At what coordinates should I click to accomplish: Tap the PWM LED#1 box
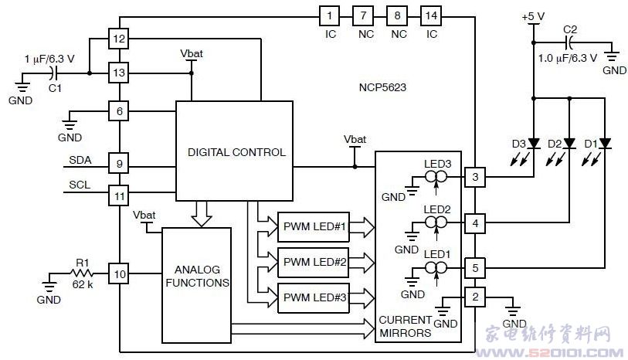tap(314, 227)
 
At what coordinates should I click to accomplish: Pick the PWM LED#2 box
tap(314, 261)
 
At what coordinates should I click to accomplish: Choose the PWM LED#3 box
tap(314, 296)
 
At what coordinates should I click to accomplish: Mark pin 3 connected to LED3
tap(475, 177)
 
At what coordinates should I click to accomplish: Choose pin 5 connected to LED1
tap(475, 269)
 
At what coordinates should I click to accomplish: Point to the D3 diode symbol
tap(534, 143)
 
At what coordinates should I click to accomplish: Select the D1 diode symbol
tap(605, 143)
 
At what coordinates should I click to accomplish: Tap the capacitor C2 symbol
tap(569, 40)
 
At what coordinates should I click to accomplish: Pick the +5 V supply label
tap(533, 15)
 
